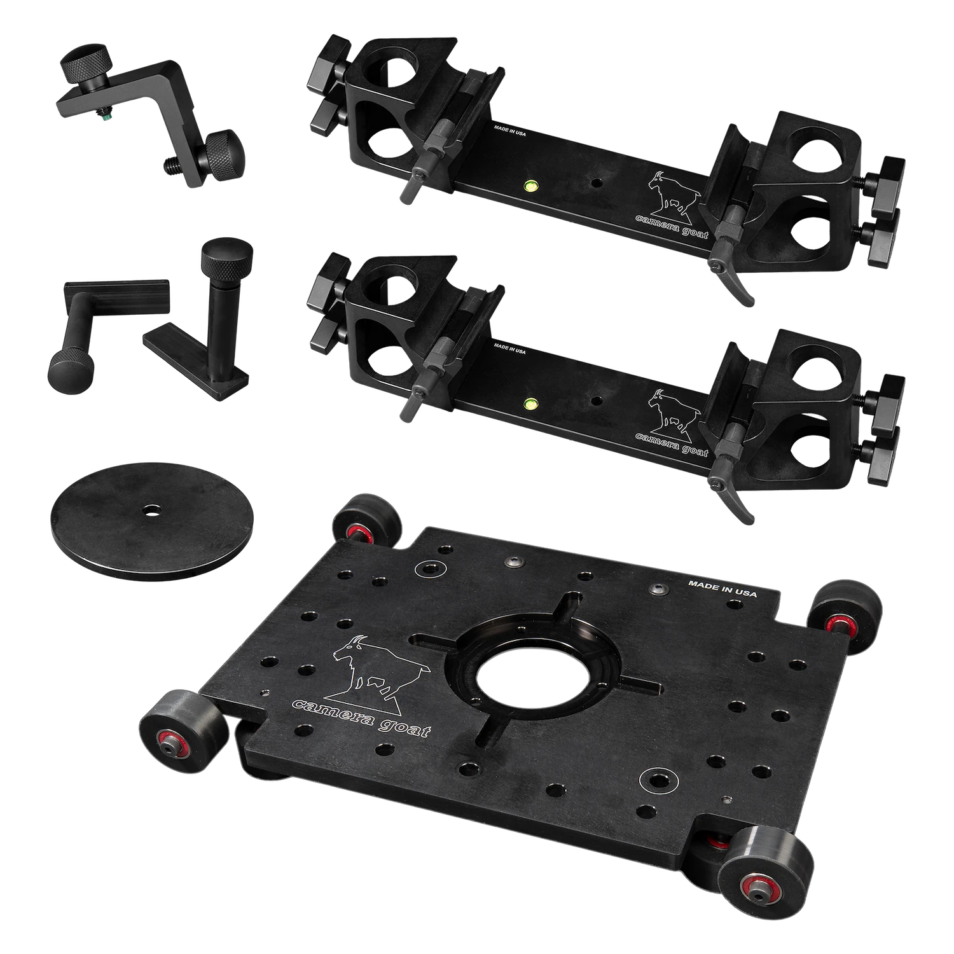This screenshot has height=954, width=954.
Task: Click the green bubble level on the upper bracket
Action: point(529,186)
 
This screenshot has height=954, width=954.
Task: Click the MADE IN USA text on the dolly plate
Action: point(723,588)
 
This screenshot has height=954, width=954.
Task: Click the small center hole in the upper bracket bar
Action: point(597,183)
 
